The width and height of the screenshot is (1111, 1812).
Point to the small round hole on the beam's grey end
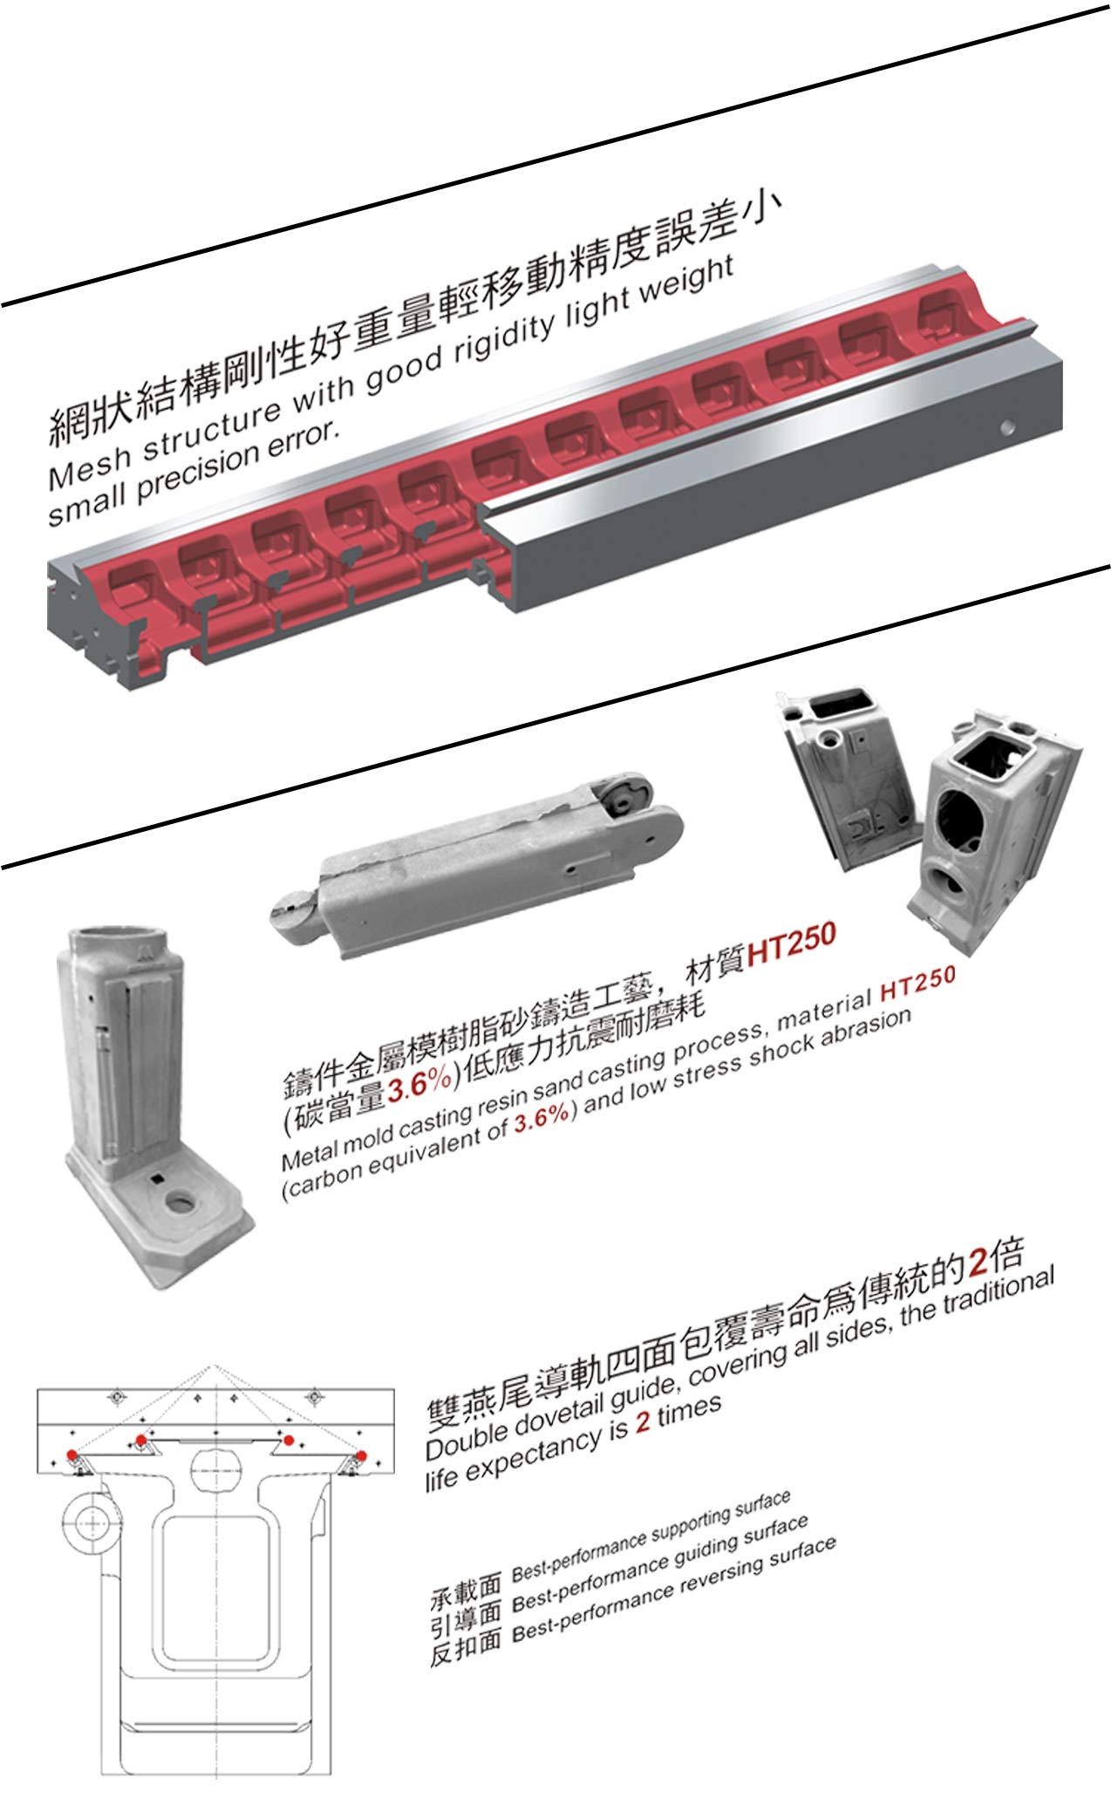[x=1008, y=427]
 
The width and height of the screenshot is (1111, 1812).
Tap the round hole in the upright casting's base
[x=181, y=1204]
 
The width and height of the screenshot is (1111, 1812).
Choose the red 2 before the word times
[x=643, y=1421]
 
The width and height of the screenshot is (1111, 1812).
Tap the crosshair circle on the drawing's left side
[x=90, y=1523]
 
